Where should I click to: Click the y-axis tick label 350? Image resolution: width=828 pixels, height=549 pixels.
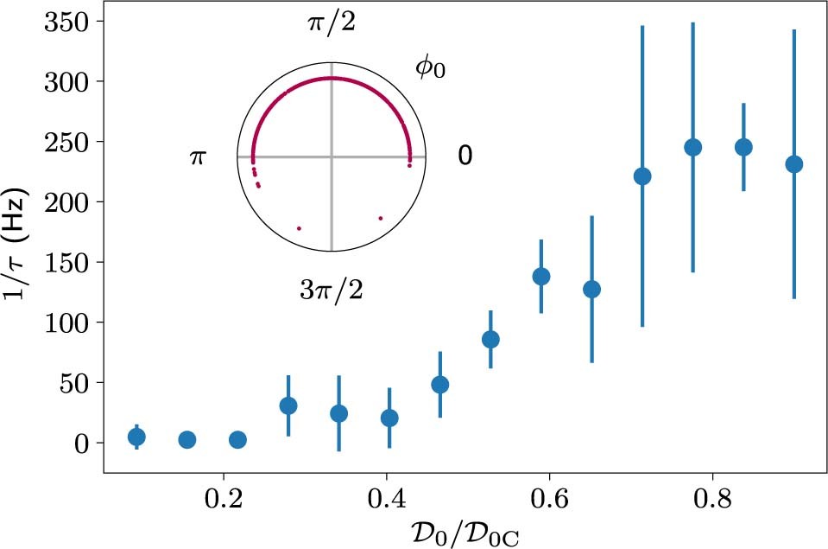[x=66, y=22]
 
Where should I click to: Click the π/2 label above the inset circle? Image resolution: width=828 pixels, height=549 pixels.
[x=332, y=23]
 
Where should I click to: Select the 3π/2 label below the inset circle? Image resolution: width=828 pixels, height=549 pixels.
[x=332, y=290]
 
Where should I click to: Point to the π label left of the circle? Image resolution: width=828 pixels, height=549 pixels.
[x=198, y=157]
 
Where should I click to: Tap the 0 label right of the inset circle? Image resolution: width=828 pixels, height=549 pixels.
[x=465, y=156]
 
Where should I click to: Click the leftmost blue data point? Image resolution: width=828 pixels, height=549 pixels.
[x=136, y=437]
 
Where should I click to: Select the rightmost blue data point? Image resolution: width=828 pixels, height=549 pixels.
[x=794, y=164]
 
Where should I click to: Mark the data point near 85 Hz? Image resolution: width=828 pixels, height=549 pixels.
[x=490, y=339]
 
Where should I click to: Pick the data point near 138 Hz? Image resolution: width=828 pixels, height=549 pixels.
[x=541, y=277]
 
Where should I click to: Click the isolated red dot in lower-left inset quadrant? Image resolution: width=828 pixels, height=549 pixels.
[x=299, y=228]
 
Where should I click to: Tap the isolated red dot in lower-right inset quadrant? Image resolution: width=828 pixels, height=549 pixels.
[x=380, y=219]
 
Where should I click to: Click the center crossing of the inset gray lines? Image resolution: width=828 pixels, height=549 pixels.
[x=332, y=156]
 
